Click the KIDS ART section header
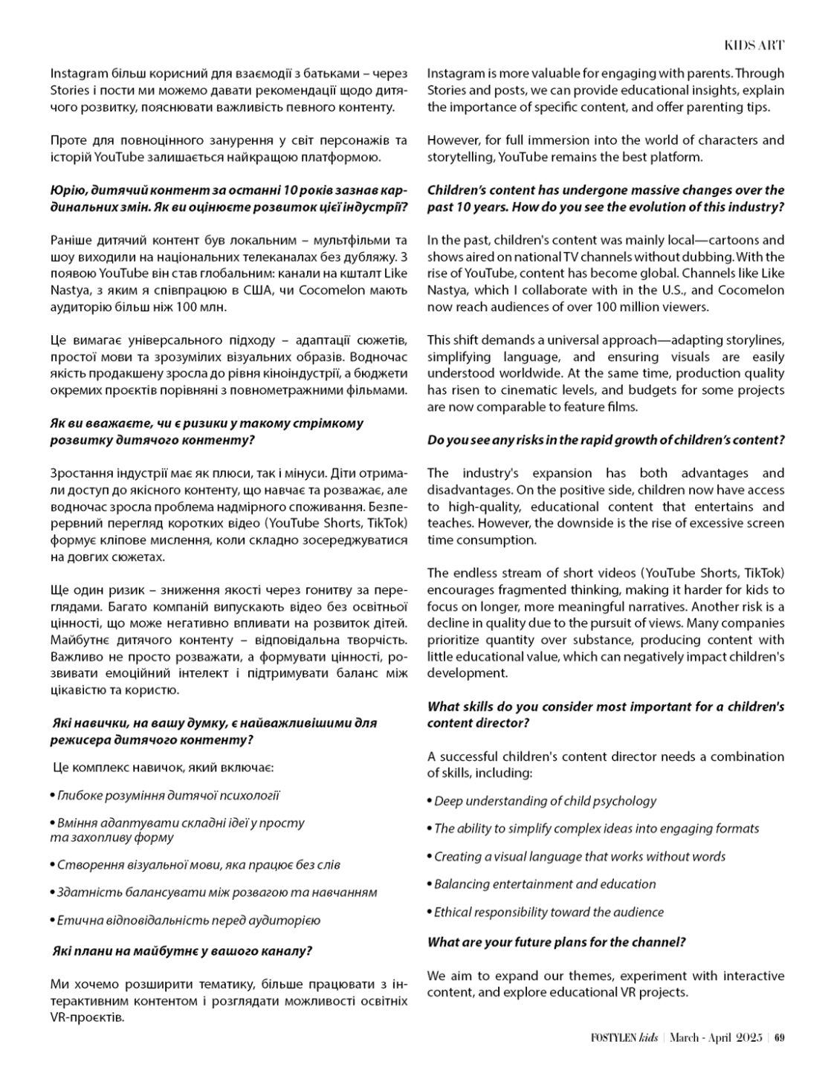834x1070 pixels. coord(754,45)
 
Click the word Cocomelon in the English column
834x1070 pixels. coord(753,290)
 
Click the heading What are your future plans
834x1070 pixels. coord(556,942)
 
